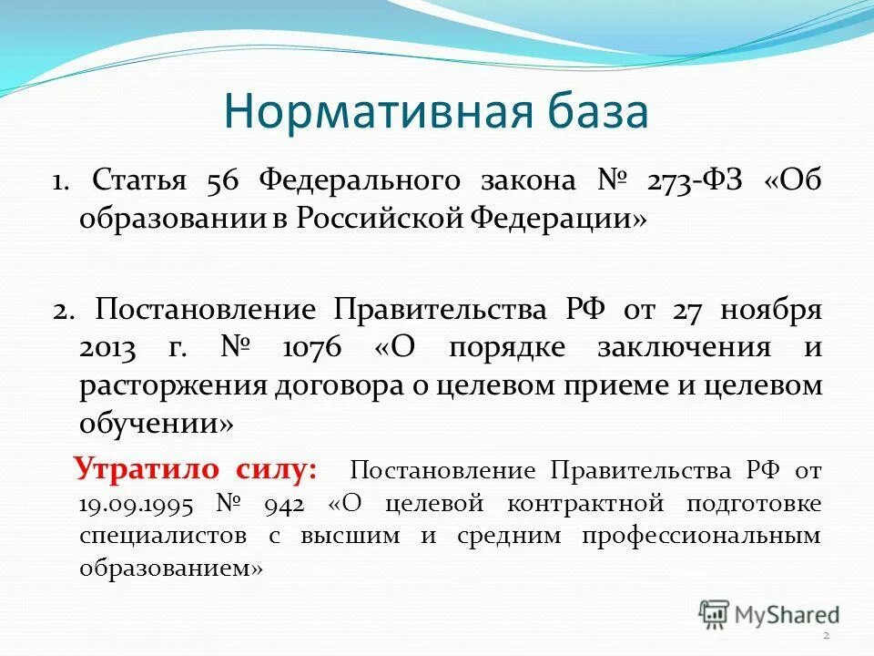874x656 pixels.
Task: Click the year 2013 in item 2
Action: point(109,347)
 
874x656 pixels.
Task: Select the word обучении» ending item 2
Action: point(157,424)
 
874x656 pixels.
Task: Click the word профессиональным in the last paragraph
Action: point(700,536)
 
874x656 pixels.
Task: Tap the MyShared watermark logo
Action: point(768,613)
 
